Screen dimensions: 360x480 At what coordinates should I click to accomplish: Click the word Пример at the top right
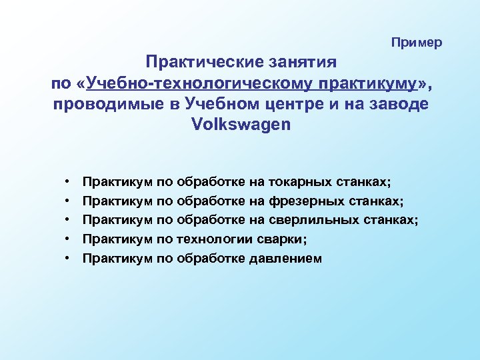click(417, 43)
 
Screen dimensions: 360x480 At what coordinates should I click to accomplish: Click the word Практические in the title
click(205, 63)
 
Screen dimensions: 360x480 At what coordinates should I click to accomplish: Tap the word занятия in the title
click(303, 63)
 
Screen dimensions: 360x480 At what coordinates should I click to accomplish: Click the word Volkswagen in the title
click(241, 125)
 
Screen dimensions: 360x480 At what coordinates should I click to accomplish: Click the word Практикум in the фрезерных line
click(117, 201)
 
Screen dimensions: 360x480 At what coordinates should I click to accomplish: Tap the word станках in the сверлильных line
click(393, 220)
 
